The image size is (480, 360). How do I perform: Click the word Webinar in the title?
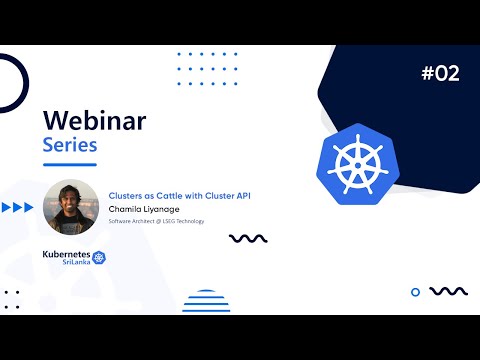pyautogui.click(x=94, y=121)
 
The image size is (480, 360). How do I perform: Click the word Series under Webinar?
pyautogui.click(x=69, y=146)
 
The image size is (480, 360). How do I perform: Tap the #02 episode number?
pyautogui.click(x=440, y=73)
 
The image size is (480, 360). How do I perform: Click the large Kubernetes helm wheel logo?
pyautogui.click(x=351, y=160)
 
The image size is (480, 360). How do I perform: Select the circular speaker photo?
pyautogui.click(x=71, y=206)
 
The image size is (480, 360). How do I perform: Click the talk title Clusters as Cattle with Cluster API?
pyautogui.click(x=179, y=196)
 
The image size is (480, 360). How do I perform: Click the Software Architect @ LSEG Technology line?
pyautogui.click(x=156, y=221)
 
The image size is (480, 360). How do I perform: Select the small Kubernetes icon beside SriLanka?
pyautogui.click(x=99, y=258)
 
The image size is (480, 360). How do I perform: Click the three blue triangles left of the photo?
pyautogui.click(x=18, y=208)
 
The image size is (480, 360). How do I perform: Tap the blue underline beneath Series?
pyautogui.click(x=69, y=164)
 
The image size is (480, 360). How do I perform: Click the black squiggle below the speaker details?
pyautogui.click(x=247, y=238)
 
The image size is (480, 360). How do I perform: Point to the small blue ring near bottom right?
pyautogui.click(x=416, y=292)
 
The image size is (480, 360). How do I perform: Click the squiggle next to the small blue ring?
pyautogui.click(x=448, y=291)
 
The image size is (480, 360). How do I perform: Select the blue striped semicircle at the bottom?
pyautogui.click(x=207, y=301)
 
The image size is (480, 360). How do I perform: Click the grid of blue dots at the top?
pyautogui.click(x=206, y=68)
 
